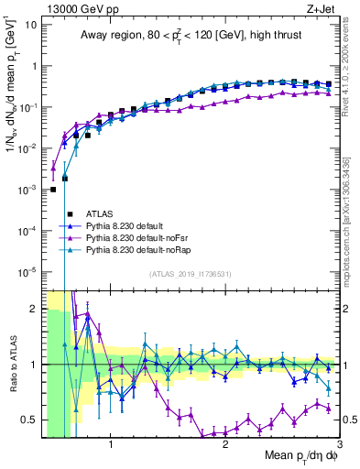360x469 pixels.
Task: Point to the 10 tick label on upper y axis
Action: [x=29, y=25]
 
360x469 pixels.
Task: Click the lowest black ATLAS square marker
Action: [x=54, y=189]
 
